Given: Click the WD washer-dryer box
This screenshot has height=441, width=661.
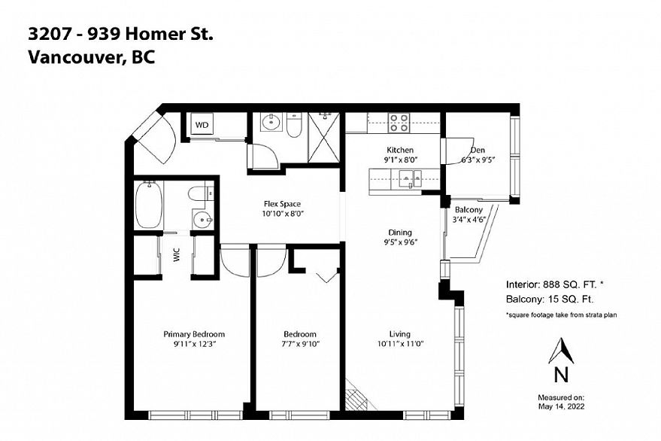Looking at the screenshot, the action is click(x=202, y=125).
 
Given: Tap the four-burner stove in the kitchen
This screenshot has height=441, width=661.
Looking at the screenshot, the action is click(x=399, y=123).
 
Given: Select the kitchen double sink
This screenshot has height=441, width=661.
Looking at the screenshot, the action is click(x=410, y=178).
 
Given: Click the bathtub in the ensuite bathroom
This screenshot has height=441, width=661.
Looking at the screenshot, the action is click(x=149, y=205).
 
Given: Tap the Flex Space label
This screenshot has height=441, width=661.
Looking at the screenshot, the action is click(x=283, y=204).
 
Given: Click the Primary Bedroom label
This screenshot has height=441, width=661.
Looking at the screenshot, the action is click(x=194, y=334).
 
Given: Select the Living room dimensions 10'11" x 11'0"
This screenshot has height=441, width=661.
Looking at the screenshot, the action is click(x=401, y=344).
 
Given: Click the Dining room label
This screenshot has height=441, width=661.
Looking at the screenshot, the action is click(x=400, y=233).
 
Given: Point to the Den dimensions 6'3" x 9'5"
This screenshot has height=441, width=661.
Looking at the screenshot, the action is click(x=478, y=160).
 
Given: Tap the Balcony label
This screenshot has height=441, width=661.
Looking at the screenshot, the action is click(x=468, y=210).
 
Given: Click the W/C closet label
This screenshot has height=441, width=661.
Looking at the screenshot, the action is click(x=177, y=255).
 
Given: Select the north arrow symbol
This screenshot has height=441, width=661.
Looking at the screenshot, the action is click(x=561, y=351).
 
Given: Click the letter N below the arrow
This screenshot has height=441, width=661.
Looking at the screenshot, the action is click(x=561, y=375).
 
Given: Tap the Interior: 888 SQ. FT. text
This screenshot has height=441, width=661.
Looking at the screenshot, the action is click(x=554, y=284).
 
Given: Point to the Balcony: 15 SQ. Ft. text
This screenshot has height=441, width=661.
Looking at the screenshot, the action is click(x=550, y=300).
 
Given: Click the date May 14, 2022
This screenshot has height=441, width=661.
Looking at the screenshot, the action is click(x=561, y=407).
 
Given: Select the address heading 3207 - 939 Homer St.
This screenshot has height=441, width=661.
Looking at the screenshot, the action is click(x=120, y=34).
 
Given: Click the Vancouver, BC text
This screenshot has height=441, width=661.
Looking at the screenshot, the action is click(x=92, y=57).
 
